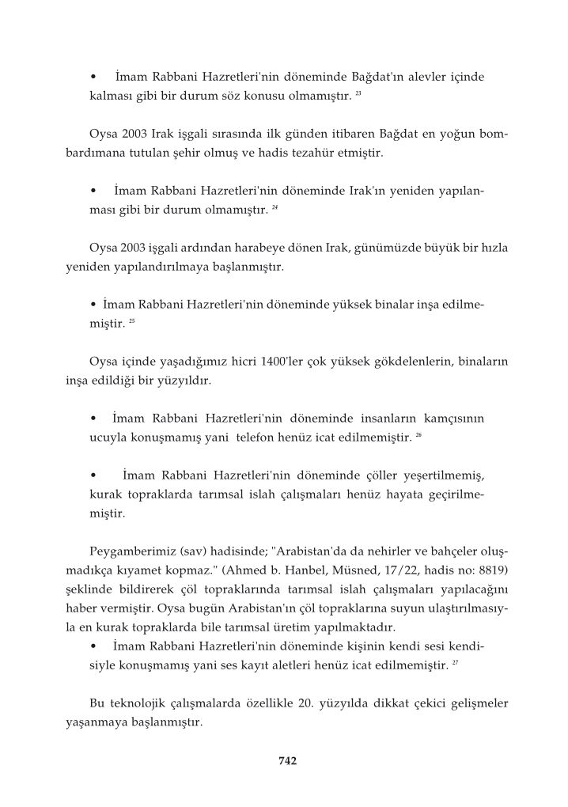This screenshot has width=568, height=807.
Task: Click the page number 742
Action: [x=287, y=761]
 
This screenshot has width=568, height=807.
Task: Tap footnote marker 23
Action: [x=358, y=94]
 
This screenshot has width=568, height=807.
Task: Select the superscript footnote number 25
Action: [x=133, y=323]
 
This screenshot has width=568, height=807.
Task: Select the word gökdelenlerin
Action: [x=384, y=362]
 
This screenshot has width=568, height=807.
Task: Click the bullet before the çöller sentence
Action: [x=94, y=475]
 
